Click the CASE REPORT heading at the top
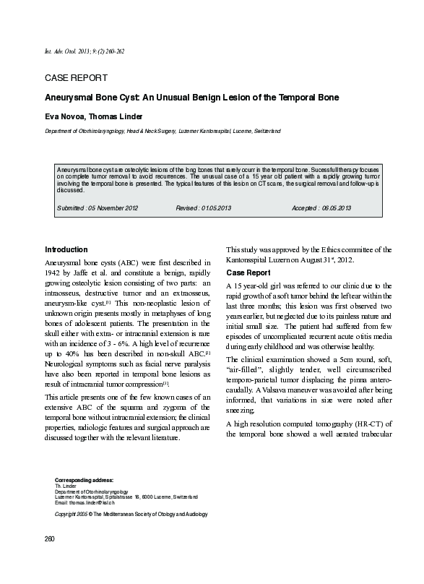76,78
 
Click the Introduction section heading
66,249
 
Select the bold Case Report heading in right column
249,273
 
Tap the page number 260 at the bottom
50,540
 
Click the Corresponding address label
85,480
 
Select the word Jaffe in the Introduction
92,273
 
